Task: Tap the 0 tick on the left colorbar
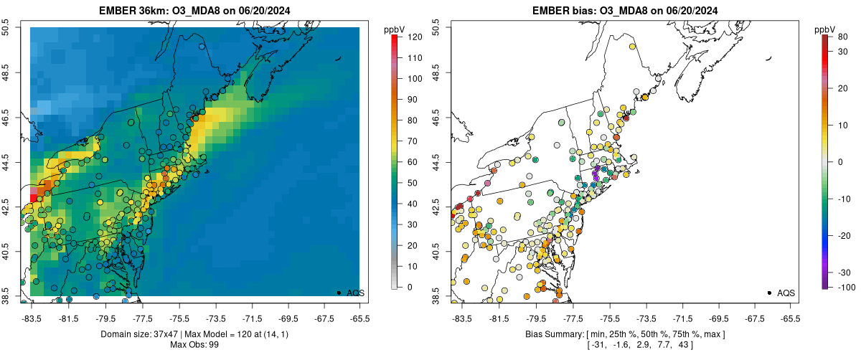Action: (x=407, y=287)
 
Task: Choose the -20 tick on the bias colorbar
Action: (x=842, y=235)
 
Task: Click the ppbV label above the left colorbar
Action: (x=394, y=29)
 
